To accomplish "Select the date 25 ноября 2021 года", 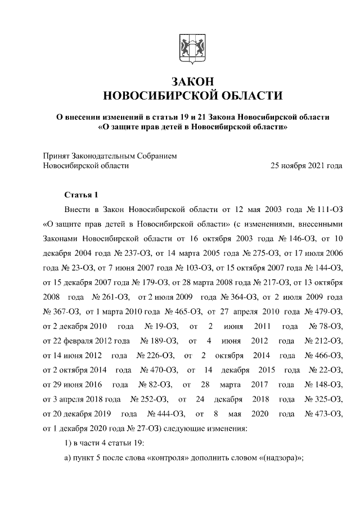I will coord(306,165).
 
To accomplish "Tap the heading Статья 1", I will coord(82,195).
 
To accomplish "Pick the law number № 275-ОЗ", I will coord(248,253).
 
